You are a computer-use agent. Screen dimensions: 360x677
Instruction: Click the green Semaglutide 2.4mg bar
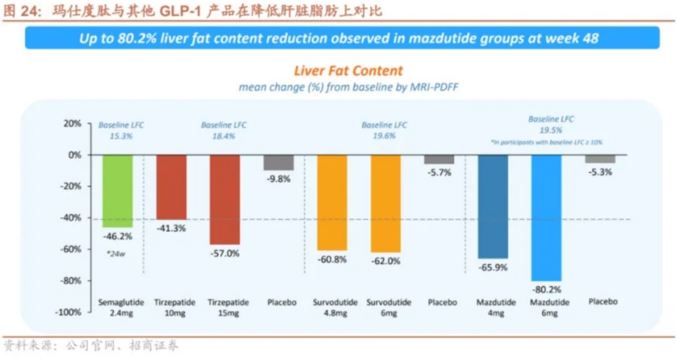(117, 191)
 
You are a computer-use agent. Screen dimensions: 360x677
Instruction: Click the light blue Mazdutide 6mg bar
(546, 218)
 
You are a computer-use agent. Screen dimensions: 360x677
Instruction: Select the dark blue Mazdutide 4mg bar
(492, 206)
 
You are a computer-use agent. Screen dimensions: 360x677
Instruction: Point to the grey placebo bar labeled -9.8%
(278, 162)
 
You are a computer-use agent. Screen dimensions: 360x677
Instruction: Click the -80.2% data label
(546, 289)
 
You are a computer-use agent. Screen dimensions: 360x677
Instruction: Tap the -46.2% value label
(117, 235)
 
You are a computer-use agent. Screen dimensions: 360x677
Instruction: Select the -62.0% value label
(385, 261)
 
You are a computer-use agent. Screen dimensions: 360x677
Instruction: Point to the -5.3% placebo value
(599, 172)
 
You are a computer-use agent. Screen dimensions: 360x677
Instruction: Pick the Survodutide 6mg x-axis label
(385, 307)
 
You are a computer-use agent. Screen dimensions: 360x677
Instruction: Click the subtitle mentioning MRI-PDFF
(348, 87)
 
